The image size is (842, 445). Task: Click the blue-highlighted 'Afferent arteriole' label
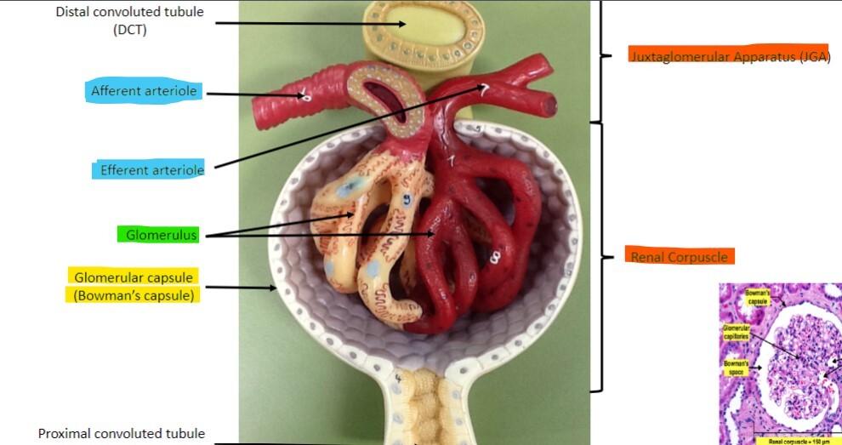tap(145, 91)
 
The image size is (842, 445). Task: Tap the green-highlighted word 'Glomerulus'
tap(156, 234)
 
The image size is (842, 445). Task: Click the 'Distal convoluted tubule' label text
tap(129, 13)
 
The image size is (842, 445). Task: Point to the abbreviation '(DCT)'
tap(129, 31)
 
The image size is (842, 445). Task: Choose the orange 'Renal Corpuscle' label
tap(679, 255)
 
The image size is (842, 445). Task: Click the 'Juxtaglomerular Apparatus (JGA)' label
tap(729, 56)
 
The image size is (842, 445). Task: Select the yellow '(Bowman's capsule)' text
tap(134, 295)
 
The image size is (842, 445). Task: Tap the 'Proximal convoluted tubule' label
tap(122, 434)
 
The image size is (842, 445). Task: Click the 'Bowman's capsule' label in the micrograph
tap(758, 298)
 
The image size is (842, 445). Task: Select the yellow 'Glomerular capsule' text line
tap(134, 277)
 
